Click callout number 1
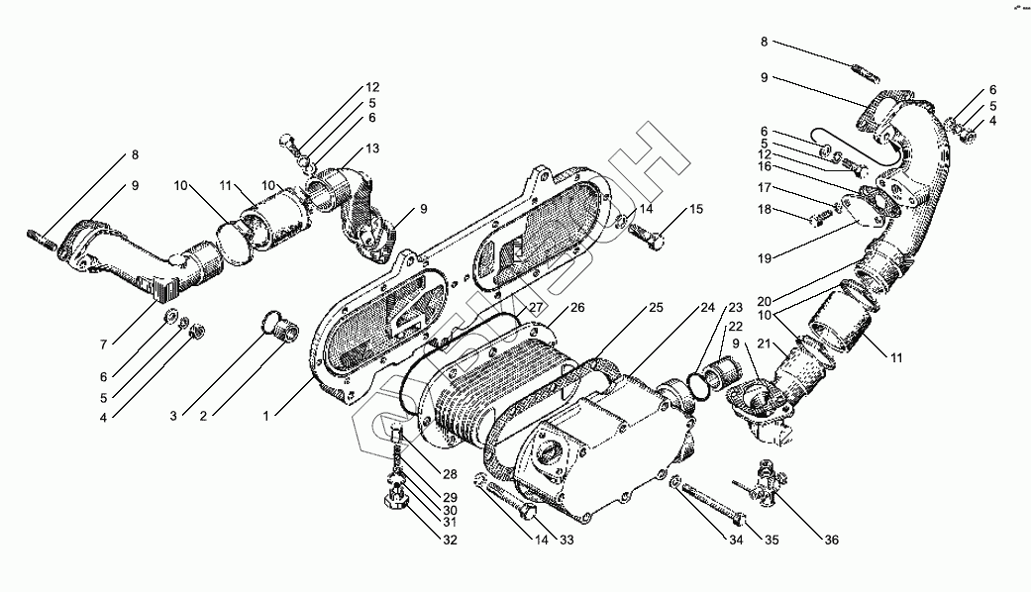click(x=266, y=417)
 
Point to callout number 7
click(x=103, y=344)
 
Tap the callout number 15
click(x=696, y=209)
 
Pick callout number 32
click(x=451, y=540)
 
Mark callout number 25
click(x=656, y=308)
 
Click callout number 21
click(x=764, y=343)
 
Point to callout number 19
click(x=764, y=257)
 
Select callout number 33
click(x=567, y=540)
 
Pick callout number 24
click(x=707, y=308)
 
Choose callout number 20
click(x=764, y=301)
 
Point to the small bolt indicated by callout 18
click(x=818, y=218)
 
